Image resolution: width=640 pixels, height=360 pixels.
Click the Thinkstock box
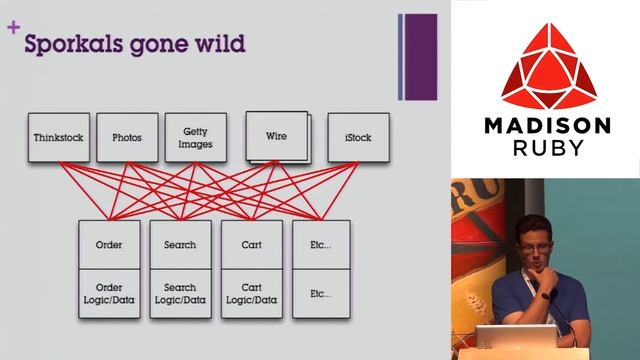58,138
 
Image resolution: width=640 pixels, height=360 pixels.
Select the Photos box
127,138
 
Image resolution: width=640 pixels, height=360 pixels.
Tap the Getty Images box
196,137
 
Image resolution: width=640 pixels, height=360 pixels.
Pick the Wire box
276,136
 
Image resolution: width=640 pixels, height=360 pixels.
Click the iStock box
357,138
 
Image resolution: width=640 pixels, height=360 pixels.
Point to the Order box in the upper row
109,244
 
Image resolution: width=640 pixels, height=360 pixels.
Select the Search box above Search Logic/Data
180,244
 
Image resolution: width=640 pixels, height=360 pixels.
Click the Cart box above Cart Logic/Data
252,244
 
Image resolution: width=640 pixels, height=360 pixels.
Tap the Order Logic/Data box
109,294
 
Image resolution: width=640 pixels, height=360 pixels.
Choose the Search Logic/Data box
180,294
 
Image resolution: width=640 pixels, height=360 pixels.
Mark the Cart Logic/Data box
252,294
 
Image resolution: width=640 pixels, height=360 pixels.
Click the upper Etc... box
321,244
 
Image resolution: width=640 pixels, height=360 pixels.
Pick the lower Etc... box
321,294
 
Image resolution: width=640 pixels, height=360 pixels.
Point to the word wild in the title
220,44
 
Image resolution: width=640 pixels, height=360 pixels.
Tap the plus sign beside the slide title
13,29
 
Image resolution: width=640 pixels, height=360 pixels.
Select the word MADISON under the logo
546,127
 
